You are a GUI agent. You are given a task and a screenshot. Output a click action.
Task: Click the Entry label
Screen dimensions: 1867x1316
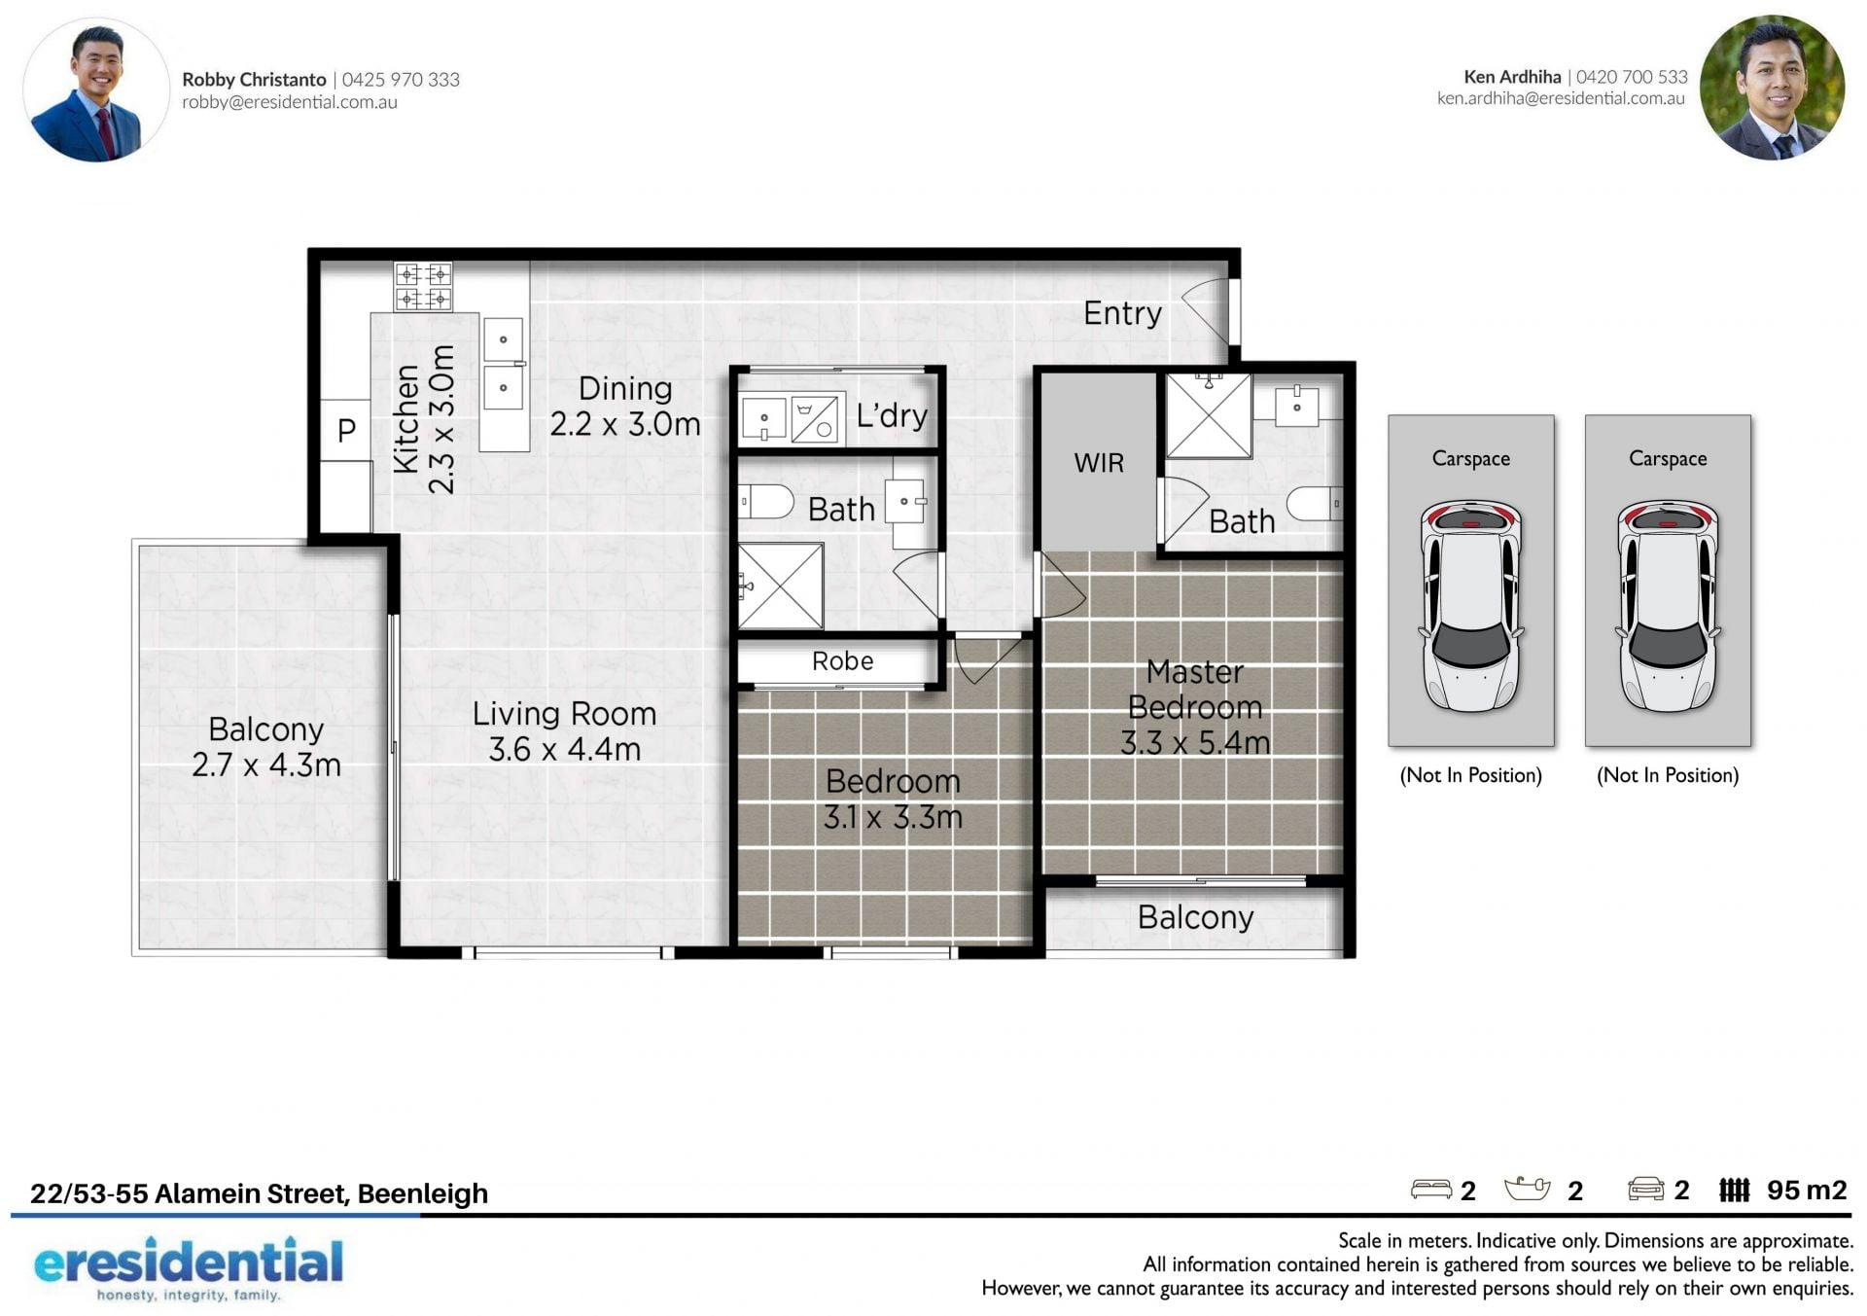(1122, 313)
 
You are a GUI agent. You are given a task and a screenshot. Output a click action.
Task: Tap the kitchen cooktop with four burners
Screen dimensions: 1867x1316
(423, 286)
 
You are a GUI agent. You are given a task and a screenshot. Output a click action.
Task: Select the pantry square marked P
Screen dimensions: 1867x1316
(346, 430)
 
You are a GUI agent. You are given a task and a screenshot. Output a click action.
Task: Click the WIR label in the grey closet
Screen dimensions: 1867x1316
(1099, 463)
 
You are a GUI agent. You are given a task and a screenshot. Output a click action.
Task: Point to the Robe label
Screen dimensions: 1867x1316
(842, 661)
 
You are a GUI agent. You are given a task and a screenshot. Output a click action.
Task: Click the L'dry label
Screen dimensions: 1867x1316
(892, 415)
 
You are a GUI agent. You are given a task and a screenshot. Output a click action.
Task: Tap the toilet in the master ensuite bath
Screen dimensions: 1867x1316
(1315, 504)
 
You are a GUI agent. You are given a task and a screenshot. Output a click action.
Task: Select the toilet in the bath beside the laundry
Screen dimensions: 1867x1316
(766, 502)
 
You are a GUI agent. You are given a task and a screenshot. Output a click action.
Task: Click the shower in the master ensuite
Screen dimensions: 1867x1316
(1209, 415)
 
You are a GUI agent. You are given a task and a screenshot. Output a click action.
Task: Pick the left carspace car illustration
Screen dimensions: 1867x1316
(1470, 605)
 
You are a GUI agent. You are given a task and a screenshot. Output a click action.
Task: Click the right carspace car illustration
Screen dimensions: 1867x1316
(1668, 605)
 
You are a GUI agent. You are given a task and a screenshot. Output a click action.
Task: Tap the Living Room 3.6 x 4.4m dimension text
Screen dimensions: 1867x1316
(564, 749)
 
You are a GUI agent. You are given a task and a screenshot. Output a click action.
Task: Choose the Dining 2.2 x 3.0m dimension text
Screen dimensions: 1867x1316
(625, 424)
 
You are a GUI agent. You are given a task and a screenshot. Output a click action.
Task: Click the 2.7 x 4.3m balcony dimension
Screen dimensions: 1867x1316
(266, 765)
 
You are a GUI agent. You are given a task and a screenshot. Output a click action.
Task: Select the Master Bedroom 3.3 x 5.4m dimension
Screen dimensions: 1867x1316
(1195, 743)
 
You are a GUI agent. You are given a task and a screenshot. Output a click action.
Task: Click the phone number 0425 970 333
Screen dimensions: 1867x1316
(401, 80)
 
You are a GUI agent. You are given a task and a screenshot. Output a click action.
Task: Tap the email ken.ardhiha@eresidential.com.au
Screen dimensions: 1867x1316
(1561, 98)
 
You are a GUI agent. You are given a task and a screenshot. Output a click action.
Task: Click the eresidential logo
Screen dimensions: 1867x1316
(189, 1267)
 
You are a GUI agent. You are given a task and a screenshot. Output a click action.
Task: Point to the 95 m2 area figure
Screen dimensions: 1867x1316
(1807, 1191)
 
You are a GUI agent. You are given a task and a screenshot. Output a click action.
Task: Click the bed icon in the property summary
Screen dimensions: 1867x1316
(1431, 1190)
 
